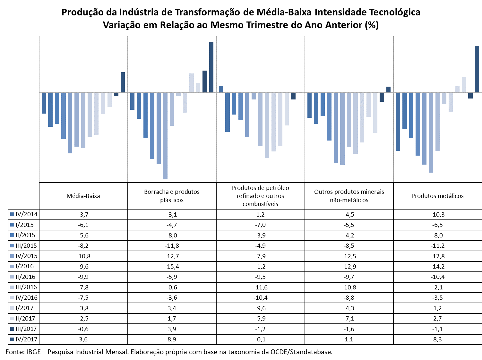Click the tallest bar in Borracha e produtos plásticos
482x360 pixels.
point(211,67)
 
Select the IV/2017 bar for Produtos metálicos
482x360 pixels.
point(477,69)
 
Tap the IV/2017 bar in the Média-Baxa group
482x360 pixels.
point(123,82)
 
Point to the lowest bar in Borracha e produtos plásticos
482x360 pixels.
point(165,136)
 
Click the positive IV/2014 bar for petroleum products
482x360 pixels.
point(221,89)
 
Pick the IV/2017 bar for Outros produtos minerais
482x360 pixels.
point(388,90)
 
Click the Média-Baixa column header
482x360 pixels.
point(83,196)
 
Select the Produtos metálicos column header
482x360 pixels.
point(437,196)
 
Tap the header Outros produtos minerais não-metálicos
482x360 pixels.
point(349,196)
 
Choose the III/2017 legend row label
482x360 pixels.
point(26,329)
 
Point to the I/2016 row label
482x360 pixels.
point(25,266)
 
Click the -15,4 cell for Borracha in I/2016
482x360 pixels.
point(172,267)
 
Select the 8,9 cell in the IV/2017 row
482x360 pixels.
point(172,339)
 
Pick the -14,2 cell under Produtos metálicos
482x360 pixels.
point(437,267)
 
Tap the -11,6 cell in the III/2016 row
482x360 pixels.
point(261,287)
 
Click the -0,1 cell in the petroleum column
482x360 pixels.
point(261,339)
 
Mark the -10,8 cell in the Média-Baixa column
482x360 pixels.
point(83,256)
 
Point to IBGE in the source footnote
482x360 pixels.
point(33,352)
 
